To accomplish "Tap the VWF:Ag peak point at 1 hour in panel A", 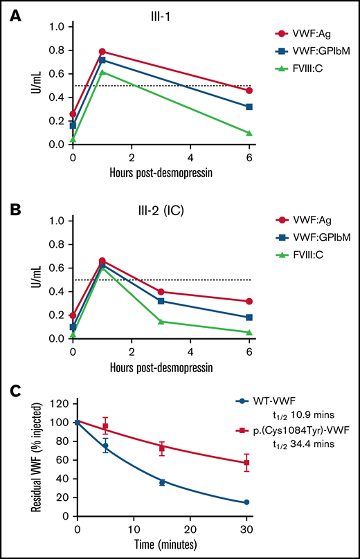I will tap(102, 51).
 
